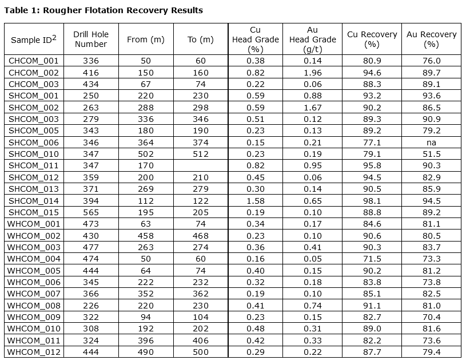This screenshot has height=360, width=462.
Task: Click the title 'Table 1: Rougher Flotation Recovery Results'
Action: coord(103,10)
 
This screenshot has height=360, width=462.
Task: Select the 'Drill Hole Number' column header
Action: coord(91,39)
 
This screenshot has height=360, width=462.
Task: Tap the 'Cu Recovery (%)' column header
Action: coord(372,39)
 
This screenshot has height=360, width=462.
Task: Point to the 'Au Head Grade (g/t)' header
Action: coord(312,39)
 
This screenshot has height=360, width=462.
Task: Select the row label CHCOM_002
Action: coord(33,73)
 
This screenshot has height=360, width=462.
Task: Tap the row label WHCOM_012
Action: coord(33,351)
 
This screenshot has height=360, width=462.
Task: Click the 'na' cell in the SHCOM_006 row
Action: coord(431,142)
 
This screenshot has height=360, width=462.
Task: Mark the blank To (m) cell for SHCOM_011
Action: coord(200,165)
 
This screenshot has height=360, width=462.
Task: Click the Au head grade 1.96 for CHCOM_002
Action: coord(312,73)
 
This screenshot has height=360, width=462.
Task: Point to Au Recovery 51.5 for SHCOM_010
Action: coord(431,153)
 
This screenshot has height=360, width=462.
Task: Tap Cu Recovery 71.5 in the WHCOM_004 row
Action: coord(372,258)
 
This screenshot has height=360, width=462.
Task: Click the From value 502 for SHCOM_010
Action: coord(145,153)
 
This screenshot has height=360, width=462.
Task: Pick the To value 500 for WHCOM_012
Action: coord(200,351)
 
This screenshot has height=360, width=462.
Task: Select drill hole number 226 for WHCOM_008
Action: coord(91,304)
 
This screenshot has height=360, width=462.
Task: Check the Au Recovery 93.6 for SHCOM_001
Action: coord(431,96)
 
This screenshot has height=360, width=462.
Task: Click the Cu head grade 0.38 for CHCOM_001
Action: coord(256,61)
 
